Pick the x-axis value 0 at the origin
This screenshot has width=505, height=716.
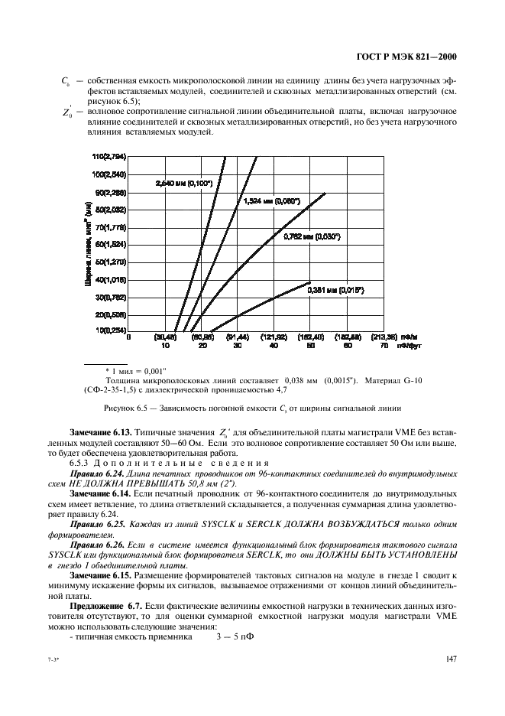point(129,337)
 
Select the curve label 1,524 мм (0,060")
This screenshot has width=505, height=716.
point(271,201)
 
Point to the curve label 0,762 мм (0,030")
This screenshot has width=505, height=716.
point(311,237)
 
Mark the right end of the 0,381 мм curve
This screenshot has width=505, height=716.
point(311,282)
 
